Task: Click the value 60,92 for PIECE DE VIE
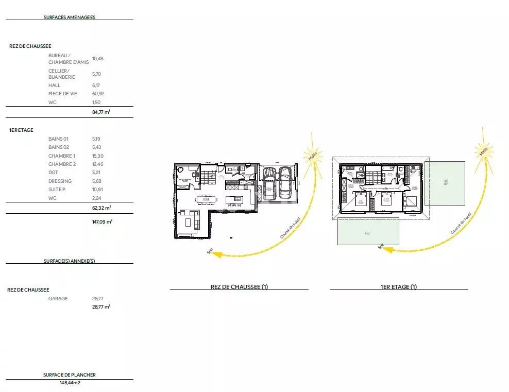[x=98, y=94]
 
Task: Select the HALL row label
[x=54, y=86]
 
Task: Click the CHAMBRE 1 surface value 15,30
[x=97, y=156]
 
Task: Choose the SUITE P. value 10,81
[x=97, y=190]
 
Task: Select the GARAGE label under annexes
[x=58, y=299]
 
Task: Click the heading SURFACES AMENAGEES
[x=70, y=17]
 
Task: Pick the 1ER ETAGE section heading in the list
[x=21, y=130]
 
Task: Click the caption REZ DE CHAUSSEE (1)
[x=239, y=287]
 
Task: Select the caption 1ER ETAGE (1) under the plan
[x=399, y=287]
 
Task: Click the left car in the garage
[x=269, y=183]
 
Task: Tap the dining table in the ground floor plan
[x=206, y=199]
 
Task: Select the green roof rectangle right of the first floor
[x=445, y=184]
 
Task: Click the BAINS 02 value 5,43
[x=96, y=147]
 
